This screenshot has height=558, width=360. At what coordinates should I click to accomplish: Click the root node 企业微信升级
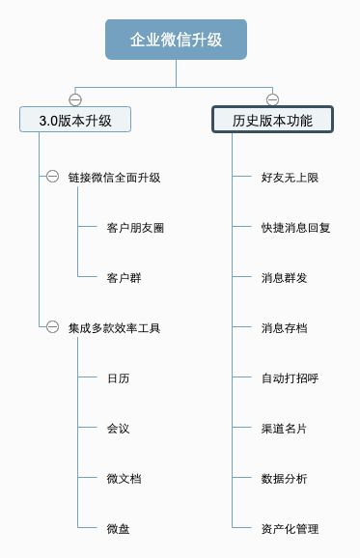176,40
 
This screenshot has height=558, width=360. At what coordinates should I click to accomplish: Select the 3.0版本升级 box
75,120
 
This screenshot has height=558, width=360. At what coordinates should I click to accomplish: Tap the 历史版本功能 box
272,120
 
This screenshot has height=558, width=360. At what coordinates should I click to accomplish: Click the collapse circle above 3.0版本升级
75,98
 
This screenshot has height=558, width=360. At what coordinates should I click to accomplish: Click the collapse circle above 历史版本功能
272,98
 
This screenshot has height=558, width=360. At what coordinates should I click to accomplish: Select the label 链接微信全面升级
114,178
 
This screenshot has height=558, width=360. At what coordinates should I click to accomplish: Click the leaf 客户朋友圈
135,228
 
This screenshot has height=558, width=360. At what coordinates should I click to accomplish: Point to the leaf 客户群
124,278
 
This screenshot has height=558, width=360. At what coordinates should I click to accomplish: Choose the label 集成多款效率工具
114,328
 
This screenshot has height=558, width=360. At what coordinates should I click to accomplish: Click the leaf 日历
118,378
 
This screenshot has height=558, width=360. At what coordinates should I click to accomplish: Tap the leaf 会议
118,429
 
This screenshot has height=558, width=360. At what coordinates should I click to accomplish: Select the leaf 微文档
124,479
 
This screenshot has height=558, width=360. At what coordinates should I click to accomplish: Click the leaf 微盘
118,529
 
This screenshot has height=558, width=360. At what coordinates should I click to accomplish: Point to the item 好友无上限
290,178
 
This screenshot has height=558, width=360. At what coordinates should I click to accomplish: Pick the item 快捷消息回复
295,228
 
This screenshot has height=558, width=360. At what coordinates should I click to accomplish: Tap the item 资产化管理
290,529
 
